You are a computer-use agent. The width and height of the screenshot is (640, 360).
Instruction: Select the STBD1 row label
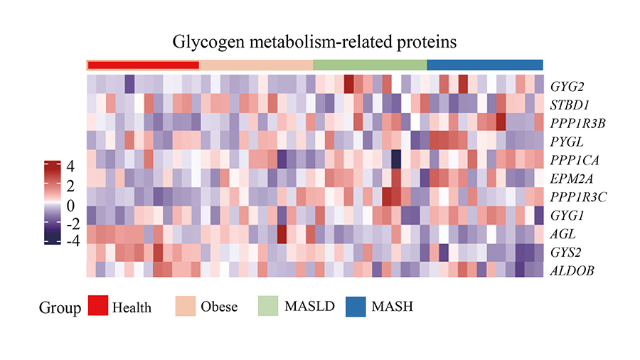tap(569, 104)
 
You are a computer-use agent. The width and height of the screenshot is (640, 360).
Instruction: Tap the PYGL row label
tap(567, 140)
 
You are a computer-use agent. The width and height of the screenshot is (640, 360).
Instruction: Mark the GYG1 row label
tap(566, 214)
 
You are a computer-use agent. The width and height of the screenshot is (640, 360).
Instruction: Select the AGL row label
tap(562, 233)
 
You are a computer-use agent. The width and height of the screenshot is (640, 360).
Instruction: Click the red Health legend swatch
tap(108, 307)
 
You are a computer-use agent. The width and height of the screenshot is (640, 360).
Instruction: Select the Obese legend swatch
tap(195, 307)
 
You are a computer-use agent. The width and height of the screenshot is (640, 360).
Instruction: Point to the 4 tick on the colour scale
tap(70, 167)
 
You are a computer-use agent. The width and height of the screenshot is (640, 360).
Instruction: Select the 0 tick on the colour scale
tap(70, 205)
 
